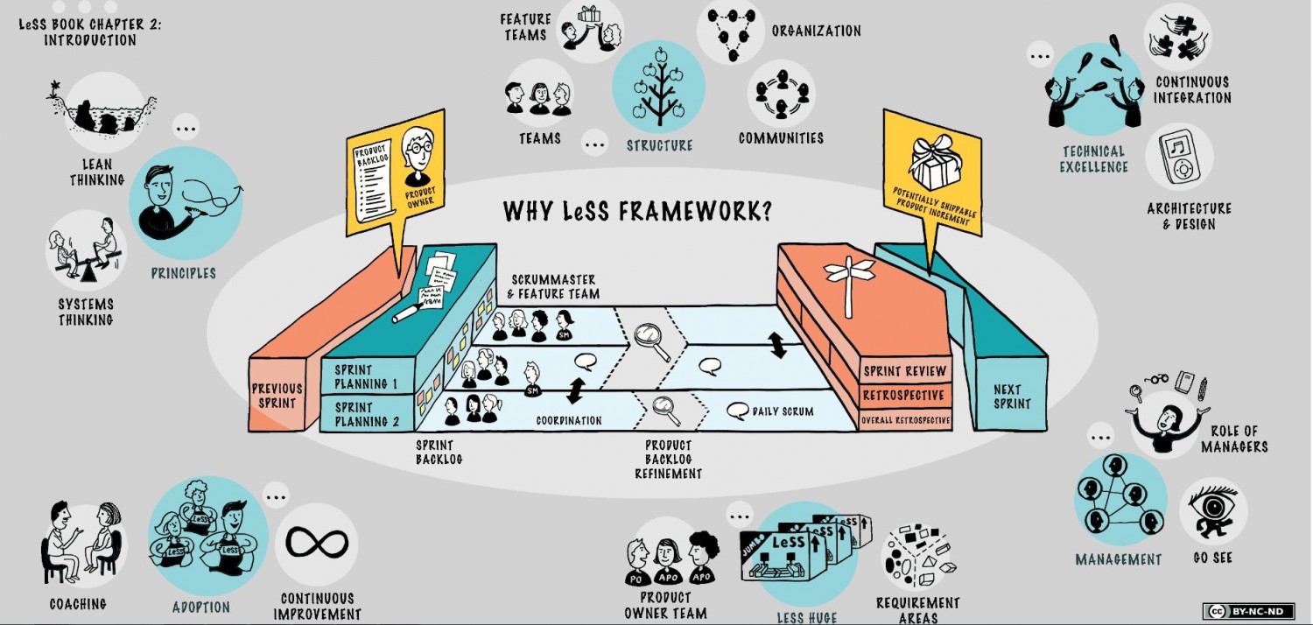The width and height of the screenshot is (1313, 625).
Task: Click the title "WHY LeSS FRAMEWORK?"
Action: [x=637, y=212]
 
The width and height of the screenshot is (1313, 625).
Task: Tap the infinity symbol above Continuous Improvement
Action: [x=317, y=544]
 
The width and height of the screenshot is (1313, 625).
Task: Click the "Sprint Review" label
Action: [x=905, y=371]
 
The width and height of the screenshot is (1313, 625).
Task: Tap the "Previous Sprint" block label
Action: [x=277, y=396]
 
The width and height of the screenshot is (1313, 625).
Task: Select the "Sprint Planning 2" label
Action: [x=367, y=414]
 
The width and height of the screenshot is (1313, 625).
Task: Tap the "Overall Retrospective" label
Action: [x=906, y=420]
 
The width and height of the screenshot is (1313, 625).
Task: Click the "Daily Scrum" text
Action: [x=783, y=411]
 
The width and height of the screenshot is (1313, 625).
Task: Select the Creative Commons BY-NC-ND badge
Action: [x=1247, y=611]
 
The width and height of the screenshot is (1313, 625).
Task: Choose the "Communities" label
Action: [x=781, y=138]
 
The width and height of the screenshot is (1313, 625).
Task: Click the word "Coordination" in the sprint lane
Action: [x=569, y=420]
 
